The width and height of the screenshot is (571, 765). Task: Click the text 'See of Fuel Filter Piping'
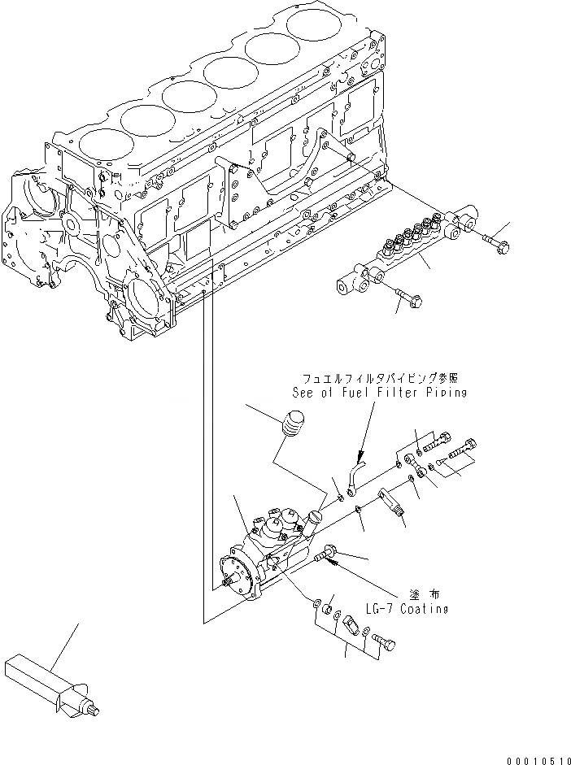click(379, 393)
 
